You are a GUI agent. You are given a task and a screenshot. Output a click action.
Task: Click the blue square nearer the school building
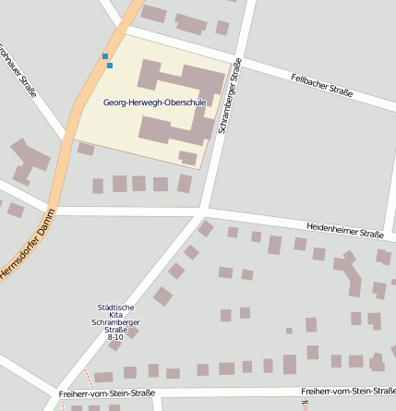click(110, 66)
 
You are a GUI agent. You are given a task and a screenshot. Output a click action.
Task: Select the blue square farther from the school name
click(105, 56)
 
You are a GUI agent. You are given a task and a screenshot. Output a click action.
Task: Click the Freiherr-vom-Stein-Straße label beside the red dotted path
click(106, 393)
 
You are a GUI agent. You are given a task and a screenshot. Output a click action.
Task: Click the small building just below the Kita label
click(133, 333)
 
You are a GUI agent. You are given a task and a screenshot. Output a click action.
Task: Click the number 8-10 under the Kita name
click(115, 338)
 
